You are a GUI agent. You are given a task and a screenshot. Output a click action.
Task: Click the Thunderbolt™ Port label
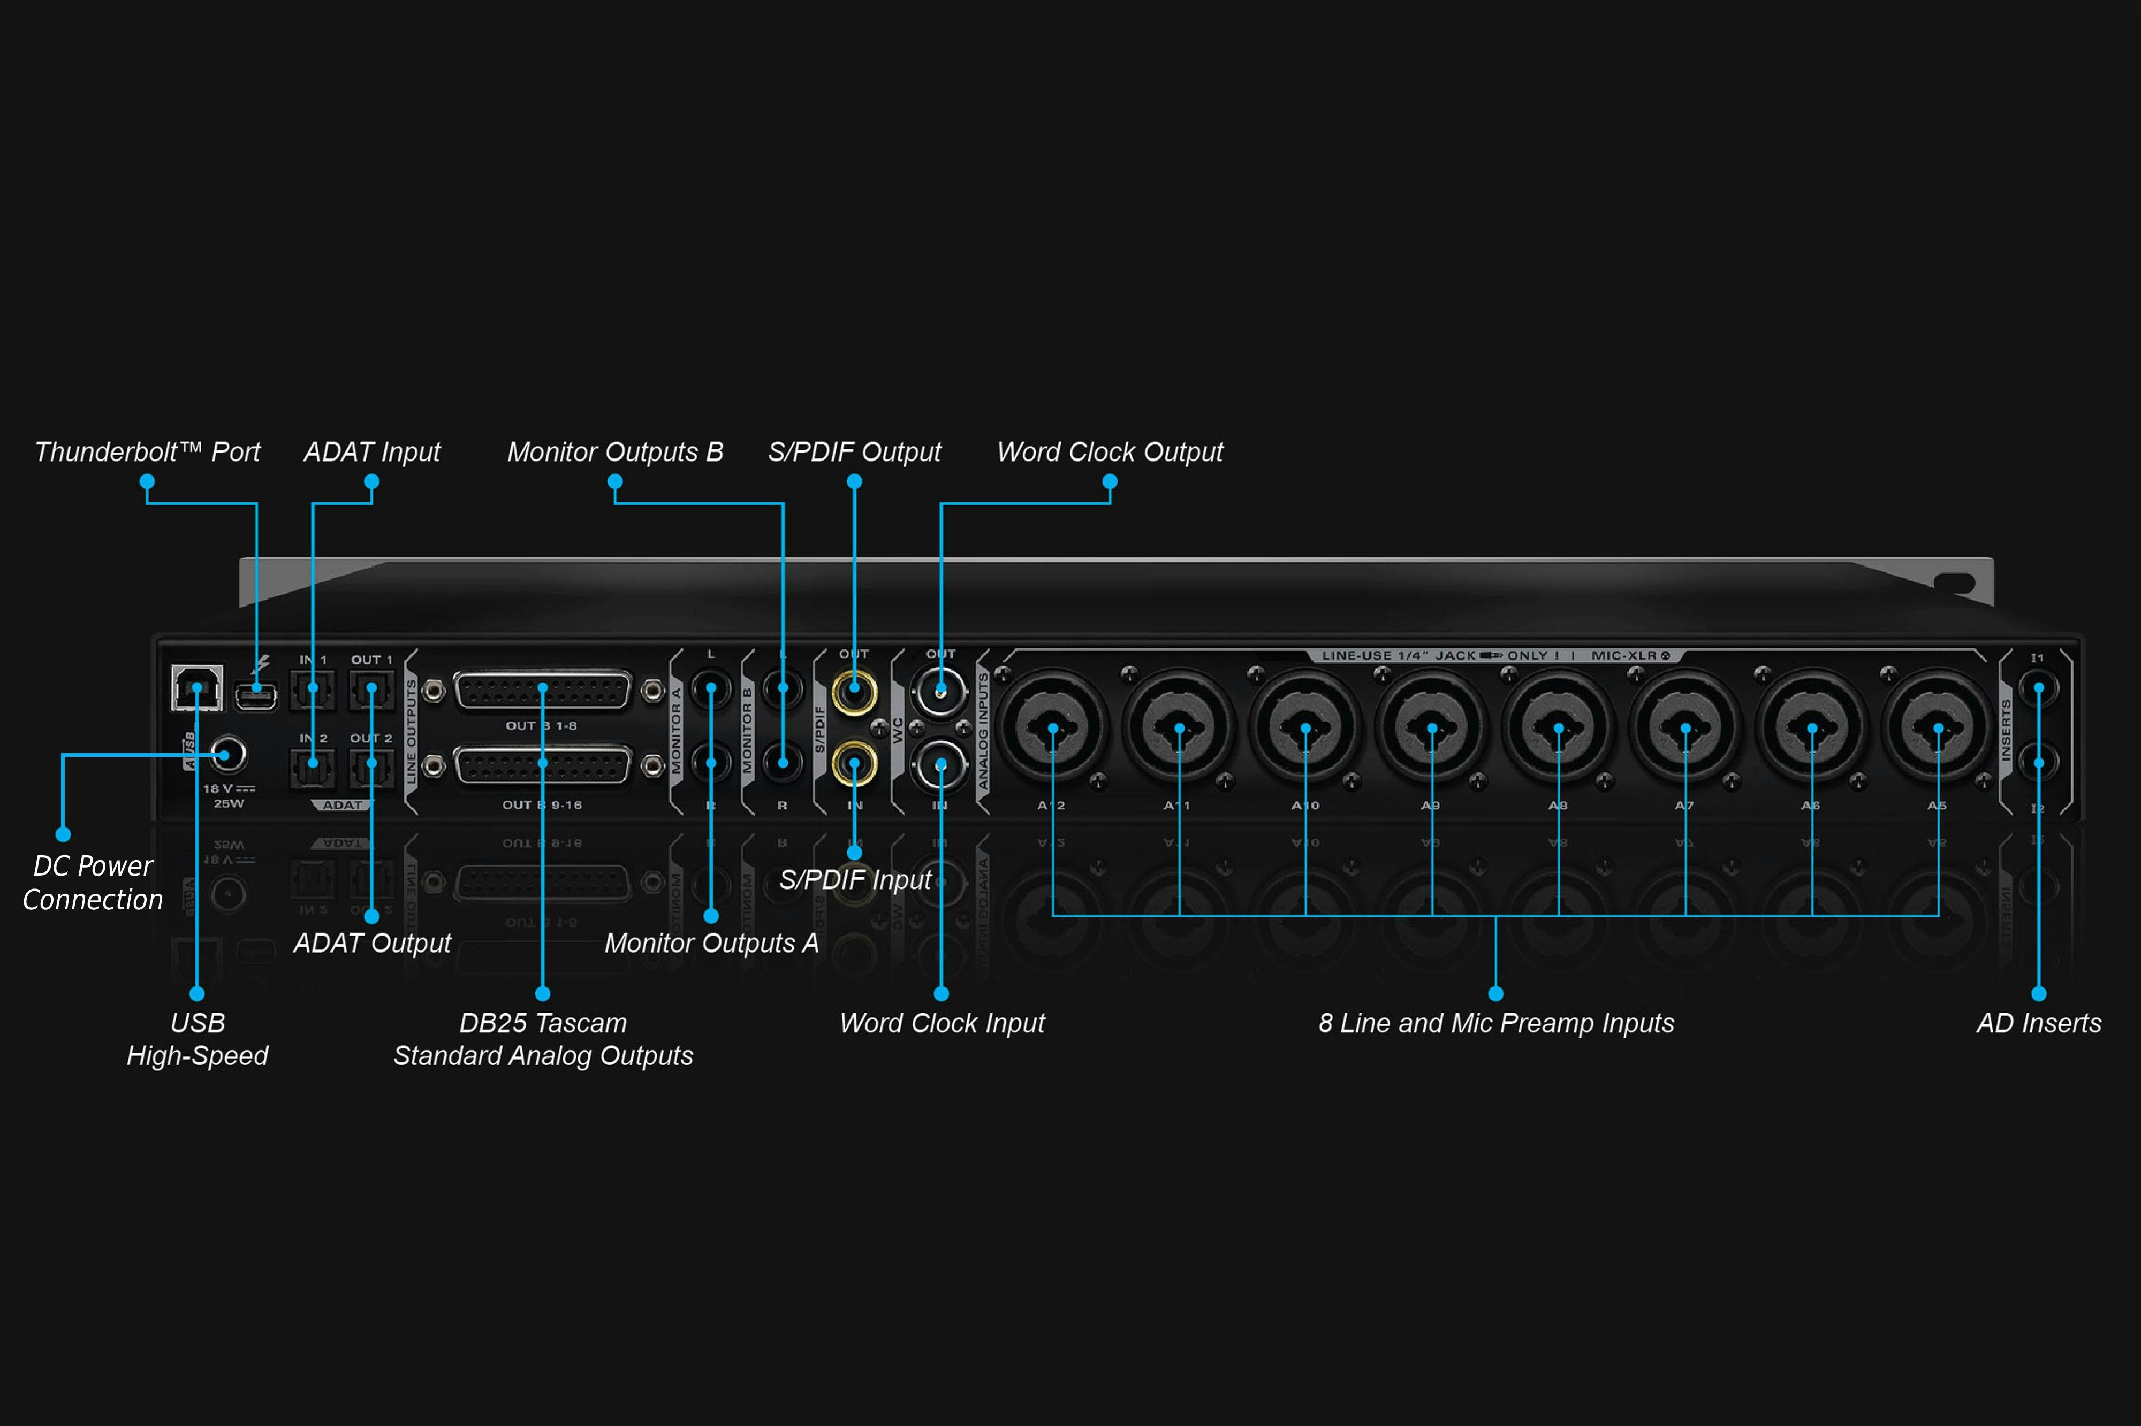tap(147, 452)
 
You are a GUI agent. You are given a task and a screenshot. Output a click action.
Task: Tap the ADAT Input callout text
tap(371, 452)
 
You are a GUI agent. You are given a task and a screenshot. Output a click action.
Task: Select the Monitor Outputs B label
tap(615, 452)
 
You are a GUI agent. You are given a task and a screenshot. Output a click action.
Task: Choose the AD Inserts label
tap(2038, 1023)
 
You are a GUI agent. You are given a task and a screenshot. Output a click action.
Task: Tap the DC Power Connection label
tap(93, 882)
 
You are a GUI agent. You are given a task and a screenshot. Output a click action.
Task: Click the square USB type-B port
tap(196, 687)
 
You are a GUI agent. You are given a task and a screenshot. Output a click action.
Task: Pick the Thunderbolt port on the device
tap(256, 696)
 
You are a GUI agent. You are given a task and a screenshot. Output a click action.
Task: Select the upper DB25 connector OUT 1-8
tap(542, 691)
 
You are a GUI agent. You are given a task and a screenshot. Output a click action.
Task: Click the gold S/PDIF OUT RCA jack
tap(854, 691)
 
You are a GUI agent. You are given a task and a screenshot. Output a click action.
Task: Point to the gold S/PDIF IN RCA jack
tap(854, 764)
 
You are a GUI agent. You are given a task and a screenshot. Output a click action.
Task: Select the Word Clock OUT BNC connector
tap(941, 691)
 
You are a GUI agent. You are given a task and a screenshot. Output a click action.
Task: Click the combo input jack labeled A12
tap(1053, 727)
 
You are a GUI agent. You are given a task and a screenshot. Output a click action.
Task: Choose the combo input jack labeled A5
tap(1938, 727)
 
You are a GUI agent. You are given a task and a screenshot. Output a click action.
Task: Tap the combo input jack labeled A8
tap(1559, 727)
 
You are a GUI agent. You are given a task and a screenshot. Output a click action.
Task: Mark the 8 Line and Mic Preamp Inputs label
tap(1496, 1023)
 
